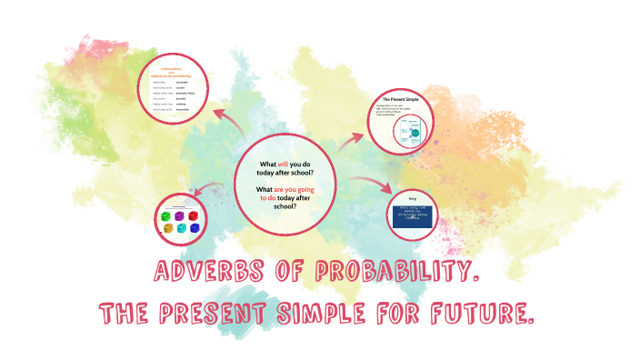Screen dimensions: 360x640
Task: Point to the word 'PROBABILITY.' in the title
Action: coord(396,272)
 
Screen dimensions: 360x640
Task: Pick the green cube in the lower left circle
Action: coord(165,218)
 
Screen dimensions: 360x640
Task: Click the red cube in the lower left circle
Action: coord(194,215)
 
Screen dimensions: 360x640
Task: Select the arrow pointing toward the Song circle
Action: coord(375,186)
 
